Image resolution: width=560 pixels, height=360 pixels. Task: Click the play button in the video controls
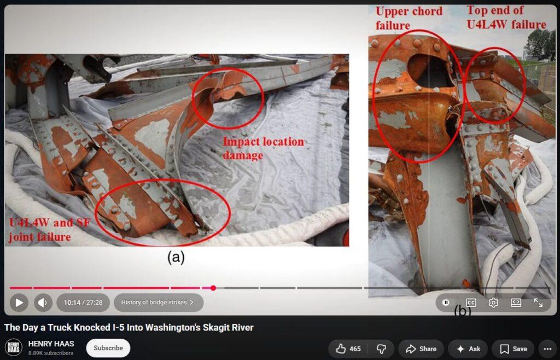[x=19, y=303]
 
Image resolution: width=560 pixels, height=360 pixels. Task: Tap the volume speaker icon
[x=43, y=303]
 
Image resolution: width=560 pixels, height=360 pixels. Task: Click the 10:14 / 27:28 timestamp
[x=83, y=303]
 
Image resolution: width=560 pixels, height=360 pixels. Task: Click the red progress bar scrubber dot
[x=213, y=288]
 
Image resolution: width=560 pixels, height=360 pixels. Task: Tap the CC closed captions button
[x=471, y=303]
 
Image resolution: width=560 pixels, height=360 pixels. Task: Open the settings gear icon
[x=493, y=303]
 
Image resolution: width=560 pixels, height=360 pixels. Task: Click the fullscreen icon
[x=538, y=303]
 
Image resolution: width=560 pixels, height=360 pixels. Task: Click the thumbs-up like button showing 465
[x=348, y=349]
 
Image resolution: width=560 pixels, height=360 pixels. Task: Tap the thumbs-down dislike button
[x=381, y=349]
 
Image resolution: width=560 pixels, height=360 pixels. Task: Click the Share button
[x=421, y=349]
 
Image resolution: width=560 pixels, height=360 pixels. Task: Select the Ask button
[x=468, y=349]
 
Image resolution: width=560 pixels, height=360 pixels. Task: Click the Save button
[x=513, y=349]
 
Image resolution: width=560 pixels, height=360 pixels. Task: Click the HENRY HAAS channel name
[x=51, y=344]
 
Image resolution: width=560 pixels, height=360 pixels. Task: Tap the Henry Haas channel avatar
[x=14, y=348]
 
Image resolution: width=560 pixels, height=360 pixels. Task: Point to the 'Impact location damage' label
[x=263, y=149]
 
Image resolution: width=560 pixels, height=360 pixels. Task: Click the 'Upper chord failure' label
[x=409, y=18]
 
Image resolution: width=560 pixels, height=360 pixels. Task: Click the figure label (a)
[x=176, y=257]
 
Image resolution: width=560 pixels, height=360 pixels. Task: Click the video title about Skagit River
[x=129, y=328]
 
